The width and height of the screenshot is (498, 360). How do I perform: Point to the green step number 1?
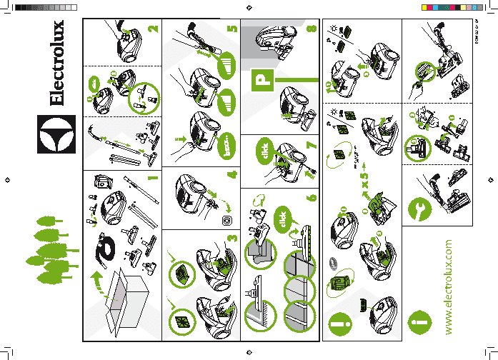[151, 177]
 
